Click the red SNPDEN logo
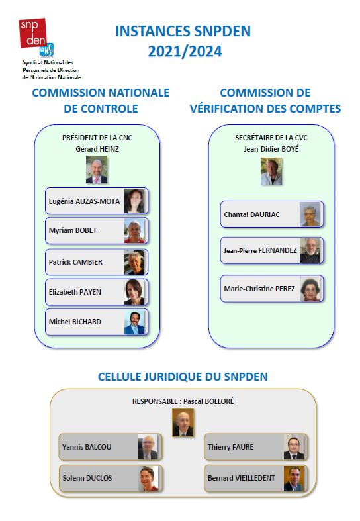tap(33, 33)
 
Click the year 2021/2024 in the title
tap(185, 52)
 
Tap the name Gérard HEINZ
tap(97, 149)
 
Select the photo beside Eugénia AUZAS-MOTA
tap(134, 201)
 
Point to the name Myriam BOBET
tap(73, 230)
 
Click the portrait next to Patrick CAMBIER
tap(134, 262)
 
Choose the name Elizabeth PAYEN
tap(75, 292)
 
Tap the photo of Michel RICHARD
tap(134, 322)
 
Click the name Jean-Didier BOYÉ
tap(271, 149)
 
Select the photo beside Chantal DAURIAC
tap(310, 214)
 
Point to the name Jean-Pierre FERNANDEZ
tap(260, 250)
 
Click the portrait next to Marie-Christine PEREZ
tap(310, 289)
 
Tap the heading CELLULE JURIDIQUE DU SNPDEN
tap(183, 377)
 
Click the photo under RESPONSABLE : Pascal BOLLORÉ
tap(183, 422)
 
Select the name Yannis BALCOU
tap(87, 447)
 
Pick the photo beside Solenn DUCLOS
tap(148, 479)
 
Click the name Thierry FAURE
tap(230, 447)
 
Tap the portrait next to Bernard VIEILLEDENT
tap(294, 479)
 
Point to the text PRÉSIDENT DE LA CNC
tap(97, 138)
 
